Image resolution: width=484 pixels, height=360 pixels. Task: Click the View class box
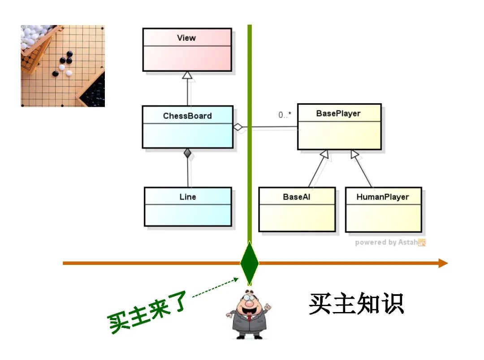[x=187, y=50]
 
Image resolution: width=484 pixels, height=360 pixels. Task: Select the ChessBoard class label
[x=187, y=116]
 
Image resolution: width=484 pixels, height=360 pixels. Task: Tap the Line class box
[x=188, y=207]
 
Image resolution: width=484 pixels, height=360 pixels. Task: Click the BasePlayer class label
[x=338, y=113]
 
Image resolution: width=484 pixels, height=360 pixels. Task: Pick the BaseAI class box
[x=297, y=209]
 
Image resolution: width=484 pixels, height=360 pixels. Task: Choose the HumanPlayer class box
[x=383, y=209]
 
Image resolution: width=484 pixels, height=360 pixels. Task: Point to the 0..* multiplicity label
[x=285, y=115]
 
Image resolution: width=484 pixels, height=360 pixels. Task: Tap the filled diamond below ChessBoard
[x=188, y=153]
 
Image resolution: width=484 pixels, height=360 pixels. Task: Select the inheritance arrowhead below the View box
[x=187, y=75]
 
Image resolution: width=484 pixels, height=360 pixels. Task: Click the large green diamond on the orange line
[x=249, y=263]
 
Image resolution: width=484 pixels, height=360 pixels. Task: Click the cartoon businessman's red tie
[x=249, y=319]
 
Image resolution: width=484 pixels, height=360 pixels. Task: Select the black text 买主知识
[x=356, y=304]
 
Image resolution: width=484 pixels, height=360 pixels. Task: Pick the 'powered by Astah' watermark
[x=390, y=243]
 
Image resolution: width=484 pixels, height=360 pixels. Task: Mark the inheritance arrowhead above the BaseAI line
[x=325, y=155]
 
